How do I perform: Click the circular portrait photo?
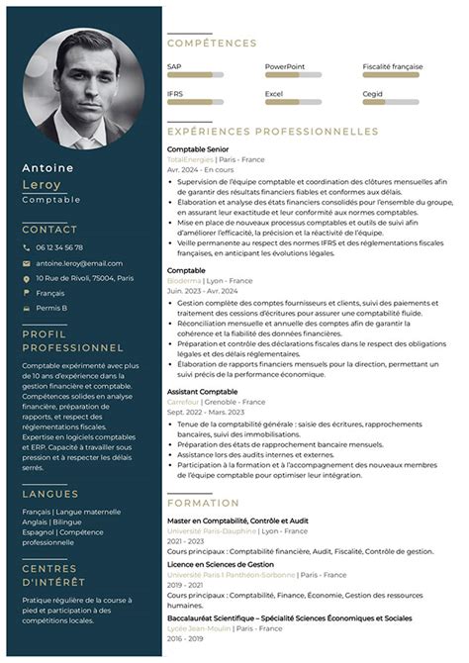click(x=83, y=87)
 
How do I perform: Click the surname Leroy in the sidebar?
click(x=42, y=184)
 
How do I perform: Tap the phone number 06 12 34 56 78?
click(x=59, y=247)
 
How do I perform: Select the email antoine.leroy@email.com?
click(x=79, y=263)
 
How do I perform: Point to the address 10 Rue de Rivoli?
click(x=84, y=279)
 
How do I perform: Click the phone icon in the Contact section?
click(x=27, y=247)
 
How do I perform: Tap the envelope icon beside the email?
click(x=27, y=263)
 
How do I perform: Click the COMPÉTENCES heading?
click(x=212, y=44)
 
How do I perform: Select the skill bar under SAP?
click(x=195, y=74)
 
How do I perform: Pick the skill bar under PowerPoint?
click(x=293, y=74)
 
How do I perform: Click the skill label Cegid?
click(x=372, y=93)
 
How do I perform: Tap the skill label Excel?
click(x=274, y=93)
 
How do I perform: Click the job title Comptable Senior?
click(x=198, y=148)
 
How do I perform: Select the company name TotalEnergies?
click(x=190, y=158)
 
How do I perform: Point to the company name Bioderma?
click(x=184, y=280)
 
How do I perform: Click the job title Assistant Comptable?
click(x=202, y=392)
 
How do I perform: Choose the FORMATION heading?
click(x=203, y=502)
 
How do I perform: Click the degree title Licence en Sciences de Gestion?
click(x=220, y=564)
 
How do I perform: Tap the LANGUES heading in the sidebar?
click(x=50, y=493)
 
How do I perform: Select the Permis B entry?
click(x=51, y=308)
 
